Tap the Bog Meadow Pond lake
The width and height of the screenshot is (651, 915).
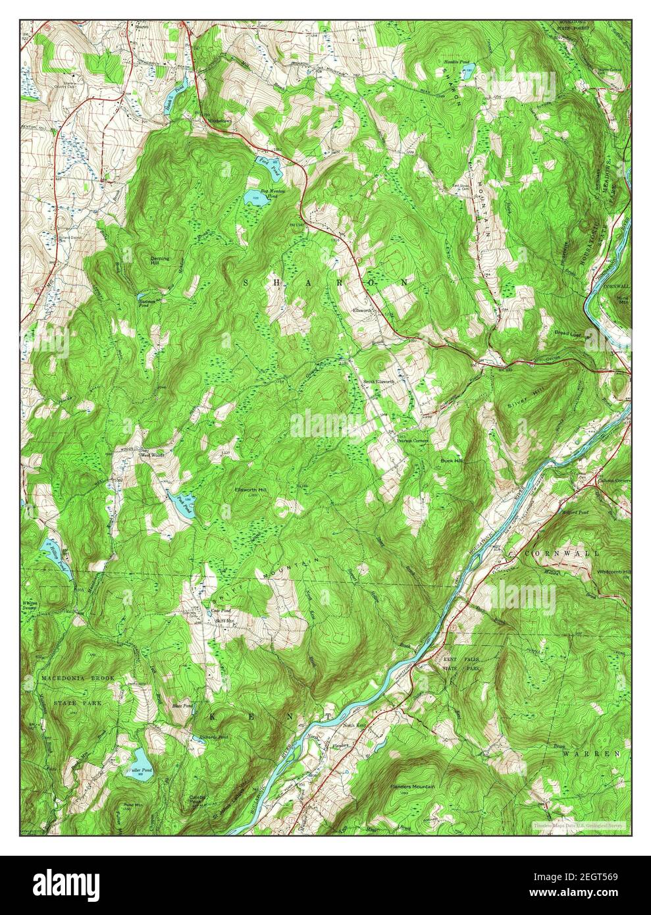point(255,197)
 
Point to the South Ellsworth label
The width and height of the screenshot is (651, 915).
point(380,382)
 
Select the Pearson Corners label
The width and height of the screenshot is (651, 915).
point(412,440)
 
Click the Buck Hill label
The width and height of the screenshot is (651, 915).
point(452,461)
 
